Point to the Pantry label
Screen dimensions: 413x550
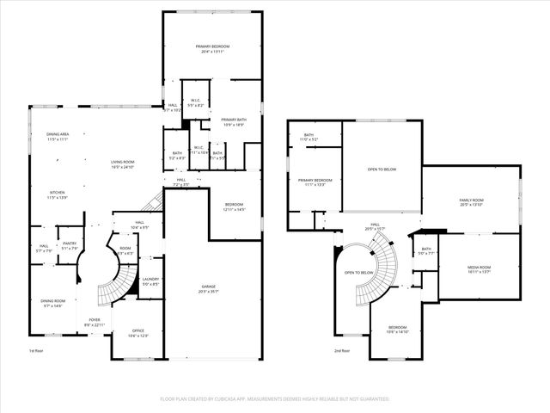click(70, 245)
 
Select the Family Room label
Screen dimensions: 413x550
click(472, 201)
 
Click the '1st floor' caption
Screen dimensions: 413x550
click(35, 350)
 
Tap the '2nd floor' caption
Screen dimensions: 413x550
click(343, 350)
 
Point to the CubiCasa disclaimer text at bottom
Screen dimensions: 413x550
click(275, 399)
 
